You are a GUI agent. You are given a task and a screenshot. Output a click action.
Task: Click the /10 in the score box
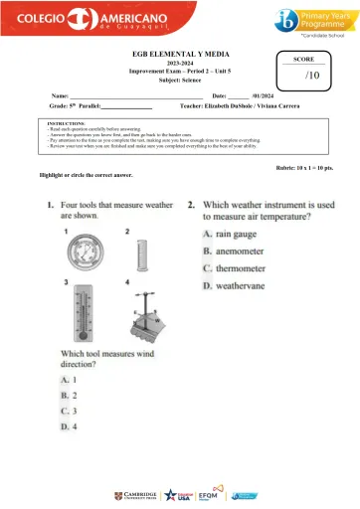(x=311, y=76)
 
